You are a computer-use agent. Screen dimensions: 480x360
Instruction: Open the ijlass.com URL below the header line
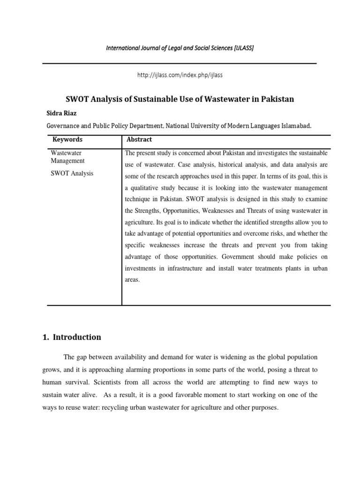click(x=180, y=75)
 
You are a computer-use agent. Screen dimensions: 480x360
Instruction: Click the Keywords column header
click(x=67, y=140)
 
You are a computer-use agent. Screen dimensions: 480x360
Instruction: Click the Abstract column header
click(x=139, y=140)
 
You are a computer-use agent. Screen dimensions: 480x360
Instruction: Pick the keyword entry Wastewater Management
click(x=67, y=157)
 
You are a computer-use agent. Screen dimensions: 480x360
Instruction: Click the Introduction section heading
click(x=77, y=337)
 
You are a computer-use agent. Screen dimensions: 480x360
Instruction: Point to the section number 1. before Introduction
click(x=47, y=337)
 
